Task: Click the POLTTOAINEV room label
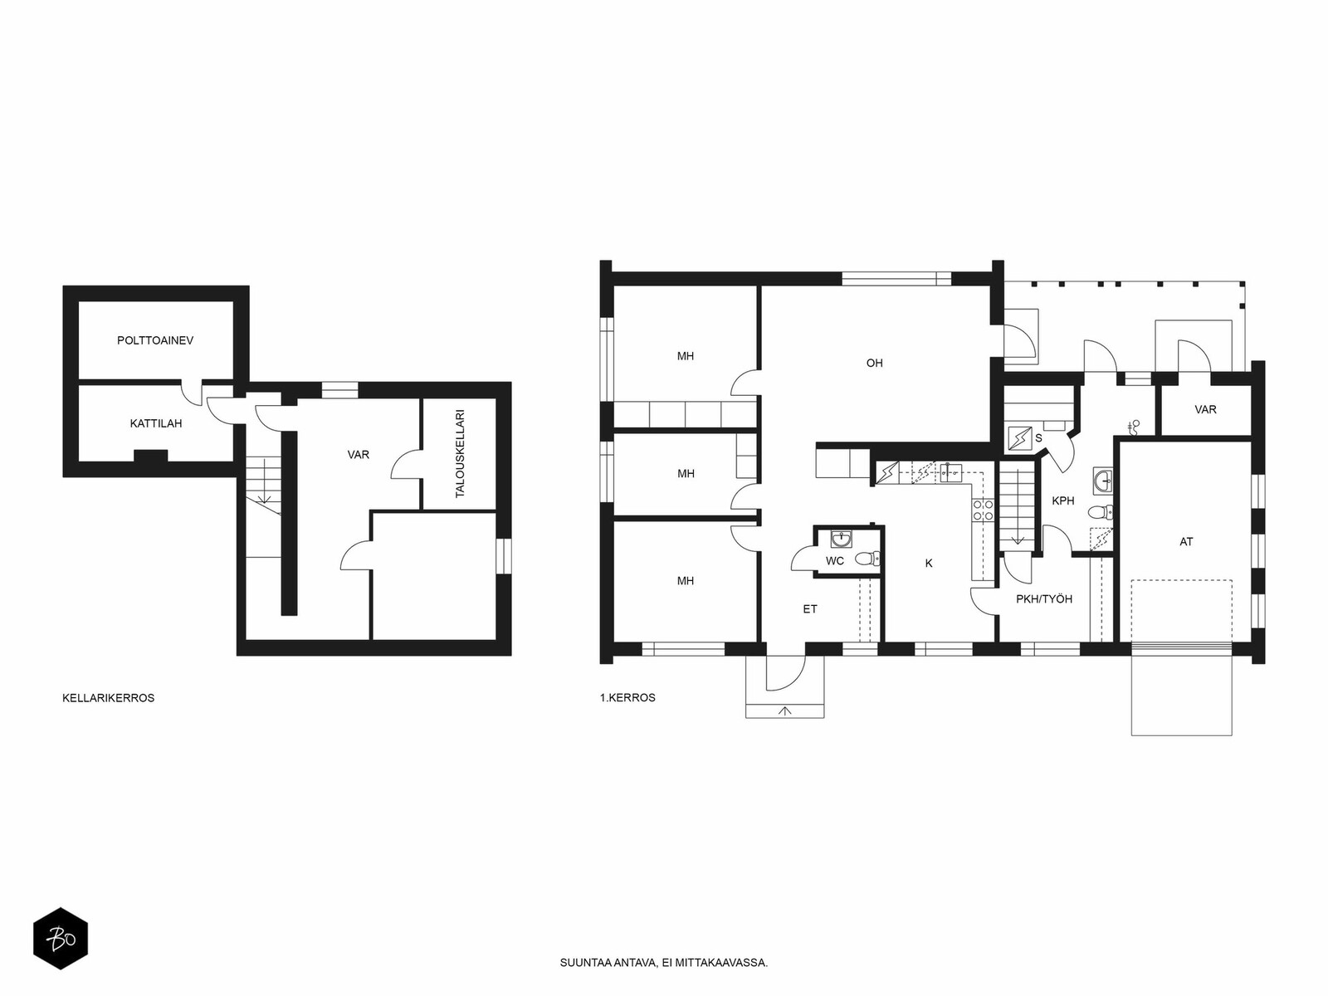(x=155, y=340)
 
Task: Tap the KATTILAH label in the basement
(x=156, y=423)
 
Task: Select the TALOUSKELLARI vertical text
(x=461, y=453)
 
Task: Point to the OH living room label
(x=874, y=363)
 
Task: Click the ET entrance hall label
(x=810, y=609)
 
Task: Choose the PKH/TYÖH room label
(x=1044, y=598)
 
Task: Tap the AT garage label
(x=1186, y=542)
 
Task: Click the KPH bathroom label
(x=1063, y=500)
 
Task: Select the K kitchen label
(x=929, y=563)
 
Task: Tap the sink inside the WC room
(x=841, y=538)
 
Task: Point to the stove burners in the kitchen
(x=983, y=510)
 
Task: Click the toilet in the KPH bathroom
(x=1101, y=513)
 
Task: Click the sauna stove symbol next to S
(x=1020, y=438)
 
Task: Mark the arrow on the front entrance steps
(x=785, y=711)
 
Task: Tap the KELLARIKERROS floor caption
(x=108, y=698)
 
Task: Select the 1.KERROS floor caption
(x=627, y=697)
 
